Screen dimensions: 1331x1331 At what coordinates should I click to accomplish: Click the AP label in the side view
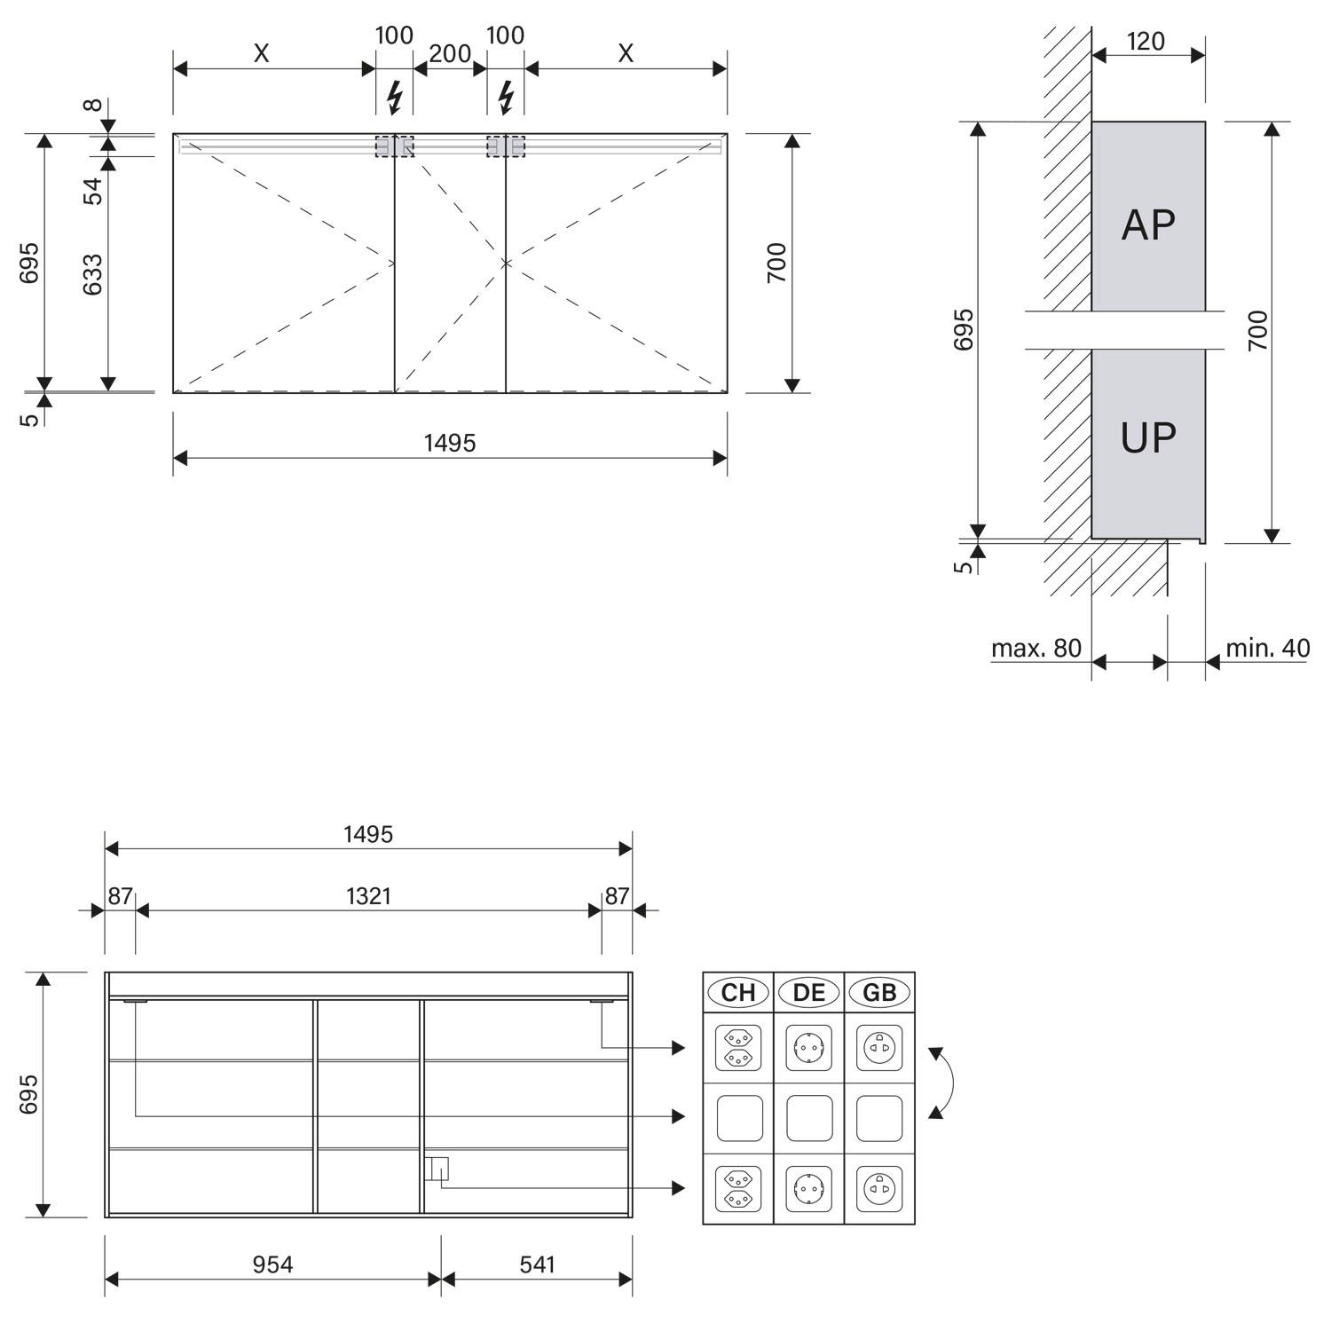coord(1148,224)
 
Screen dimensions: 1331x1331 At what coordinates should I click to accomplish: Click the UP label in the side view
coord(1148,437)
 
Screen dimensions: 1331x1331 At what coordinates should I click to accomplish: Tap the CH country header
coord(738,992)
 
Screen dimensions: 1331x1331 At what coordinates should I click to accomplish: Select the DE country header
coord(809,992)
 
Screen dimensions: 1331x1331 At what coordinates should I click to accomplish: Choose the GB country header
coord(879,992)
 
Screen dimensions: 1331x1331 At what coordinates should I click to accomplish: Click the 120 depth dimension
coord(1146,42)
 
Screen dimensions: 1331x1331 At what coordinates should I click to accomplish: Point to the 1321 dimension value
coord(368,896)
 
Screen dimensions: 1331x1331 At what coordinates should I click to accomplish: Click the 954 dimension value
coord(272,1264)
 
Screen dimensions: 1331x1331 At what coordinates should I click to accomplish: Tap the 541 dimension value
coord(537,1264)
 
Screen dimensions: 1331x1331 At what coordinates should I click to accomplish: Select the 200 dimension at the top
coord(450,54)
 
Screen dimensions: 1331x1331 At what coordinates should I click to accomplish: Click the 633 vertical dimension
coord(93,274)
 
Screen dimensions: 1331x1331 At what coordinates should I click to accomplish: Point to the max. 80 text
coord(1036,649)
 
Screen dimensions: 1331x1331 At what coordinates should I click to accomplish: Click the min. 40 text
coord(1268,649)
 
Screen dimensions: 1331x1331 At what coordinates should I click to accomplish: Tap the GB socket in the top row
coord(879,1048)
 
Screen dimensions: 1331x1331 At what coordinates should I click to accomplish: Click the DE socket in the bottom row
coord(809,1188)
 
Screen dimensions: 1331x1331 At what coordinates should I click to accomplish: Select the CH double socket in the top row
coord(738,1048)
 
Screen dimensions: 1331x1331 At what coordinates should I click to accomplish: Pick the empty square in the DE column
coord(809,1118)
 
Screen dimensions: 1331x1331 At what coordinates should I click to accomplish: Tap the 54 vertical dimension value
coord(93,191)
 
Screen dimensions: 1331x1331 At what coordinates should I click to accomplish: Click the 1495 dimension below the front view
coord(450,443)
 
